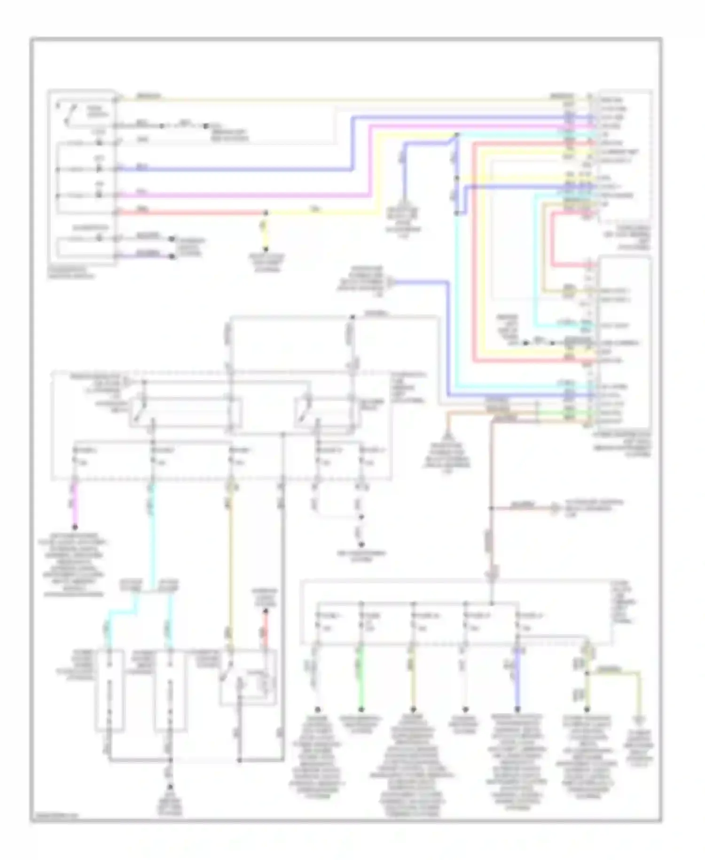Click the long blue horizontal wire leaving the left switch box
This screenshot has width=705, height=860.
pos(235,169)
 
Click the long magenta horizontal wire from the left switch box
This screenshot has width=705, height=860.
pos(235,195)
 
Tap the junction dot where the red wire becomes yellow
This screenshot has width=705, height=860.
pos(266,213)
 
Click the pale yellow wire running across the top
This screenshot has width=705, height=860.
pos(329,99)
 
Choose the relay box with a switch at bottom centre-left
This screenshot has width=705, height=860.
pos(248,677)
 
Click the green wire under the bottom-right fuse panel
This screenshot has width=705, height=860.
pos(361,677)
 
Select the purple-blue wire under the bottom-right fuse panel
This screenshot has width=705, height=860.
pos(517,677)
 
